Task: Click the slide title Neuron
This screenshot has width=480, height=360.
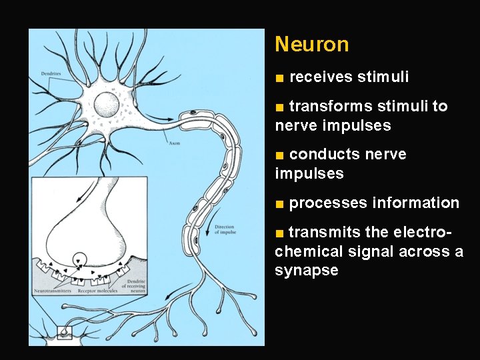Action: pyautogui.click(x=311, y=45)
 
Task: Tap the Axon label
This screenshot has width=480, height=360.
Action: pyautogui.click(x=174, y=143)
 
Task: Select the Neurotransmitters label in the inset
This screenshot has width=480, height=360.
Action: pyautogui.click(x=55, y=291)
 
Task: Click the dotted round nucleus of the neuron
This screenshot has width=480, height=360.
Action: pyautogui.click(x=107, y=103)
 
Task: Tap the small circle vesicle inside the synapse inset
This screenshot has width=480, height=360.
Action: pyautogui.click(x=80, y=257)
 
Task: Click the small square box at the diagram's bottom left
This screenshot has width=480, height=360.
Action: pyautogui.click(x=65, y=331)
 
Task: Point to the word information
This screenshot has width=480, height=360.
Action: pyautogui.click(x=416, y=203)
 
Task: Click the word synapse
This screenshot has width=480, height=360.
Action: pyautogui.click(x=306, y=271)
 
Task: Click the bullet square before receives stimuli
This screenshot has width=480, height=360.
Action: pyautogui.click(x=280, y=78)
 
